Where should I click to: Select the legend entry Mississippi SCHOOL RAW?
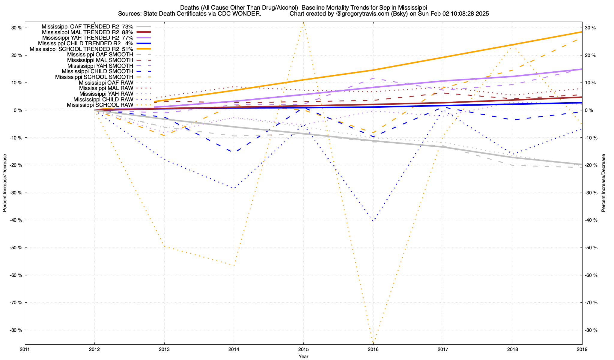100,105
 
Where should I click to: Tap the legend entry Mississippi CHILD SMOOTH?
97,71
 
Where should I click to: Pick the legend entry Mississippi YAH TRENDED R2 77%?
88,38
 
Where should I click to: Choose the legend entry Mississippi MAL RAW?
106,88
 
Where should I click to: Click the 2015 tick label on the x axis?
303,349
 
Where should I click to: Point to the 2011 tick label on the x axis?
25,349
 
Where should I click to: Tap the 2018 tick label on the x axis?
512,349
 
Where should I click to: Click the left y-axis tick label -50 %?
16,248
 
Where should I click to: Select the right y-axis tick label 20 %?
590,55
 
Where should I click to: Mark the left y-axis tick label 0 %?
18,110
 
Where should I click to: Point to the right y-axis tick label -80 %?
591,330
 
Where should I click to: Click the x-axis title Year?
303,357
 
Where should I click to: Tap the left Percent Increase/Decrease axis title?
5,183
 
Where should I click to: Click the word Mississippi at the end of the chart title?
412,7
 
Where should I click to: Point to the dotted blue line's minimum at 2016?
373,221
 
